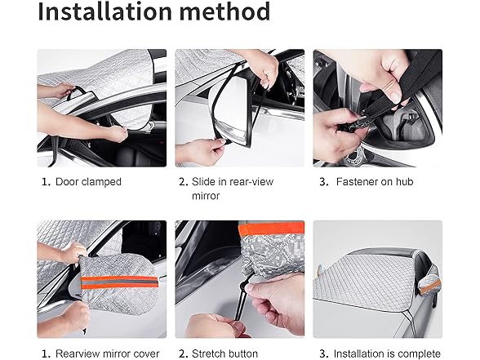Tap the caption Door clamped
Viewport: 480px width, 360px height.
[x=88, y=182]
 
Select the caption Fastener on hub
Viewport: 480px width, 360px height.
[x=375, y=182]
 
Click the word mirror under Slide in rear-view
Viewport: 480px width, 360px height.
[x=206, y=196]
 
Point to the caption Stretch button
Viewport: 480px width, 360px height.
[x=224, y=353]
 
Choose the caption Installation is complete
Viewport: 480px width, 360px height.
[x=387, y=354]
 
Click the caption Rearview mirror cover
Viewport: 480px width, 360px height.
[x=107, y=354]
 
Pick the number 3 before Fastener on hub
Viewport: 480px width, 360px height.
[x=323, y=182]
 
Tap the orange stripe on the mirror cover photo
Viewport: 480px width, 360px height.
[x=119, y=282]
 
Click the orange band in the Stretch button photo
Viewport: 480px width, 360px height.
[x=271, y=229]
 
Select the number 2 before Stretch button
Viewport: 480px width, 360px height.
[x=183, y=354]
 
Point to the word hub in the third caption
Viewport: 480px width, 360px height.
[x=404, y=182]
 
